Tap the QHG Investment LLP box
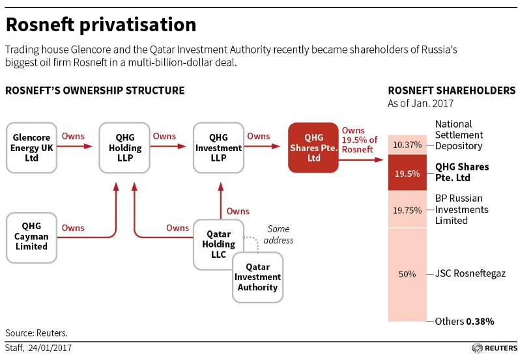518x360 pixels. pyautogui.click(x=218, y=148)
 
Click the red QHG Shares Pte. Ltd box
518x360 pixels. pyautogui.click(x=313, y=148)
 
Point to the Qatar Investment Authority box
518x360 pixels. pyautogui.click(x=258, y=277)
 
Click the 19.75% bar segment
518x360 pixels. pyautogui.click(x=407, y=210)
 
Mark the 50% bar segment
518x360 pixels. pyautogui.click(x=407, y=274)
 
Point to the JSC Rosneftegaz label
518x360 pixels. pyautogui.click(x=471, y=274)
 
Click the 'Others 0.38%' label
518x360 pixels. pyautogui.click(x=465, y=322)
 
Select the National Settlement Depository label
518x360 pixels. pyautogui.click(x=459, y=135)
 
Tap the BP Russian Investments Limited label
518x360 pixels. pyautogui.click(x=462, y=210)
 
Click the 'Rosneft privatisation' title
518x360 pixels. pyautogui.click(x=101, y=25)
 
